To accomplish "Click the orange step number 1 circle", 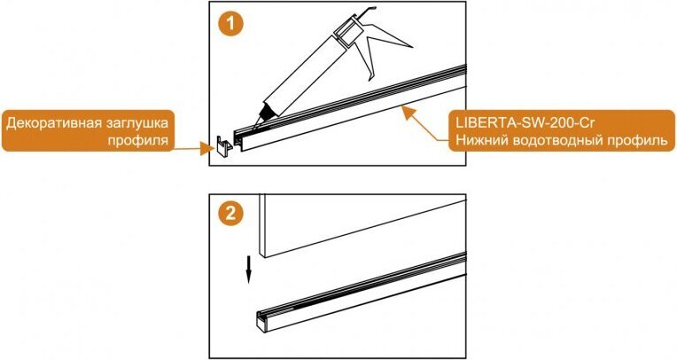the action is [x=230, y=23].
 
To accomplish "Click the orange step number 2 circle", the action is [x=230, y=213].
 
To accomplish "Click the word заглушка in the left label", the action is [x=136, y=124].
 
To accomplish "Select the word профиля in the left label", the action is [x=137, y=141].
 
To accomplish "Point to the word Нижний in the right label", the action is [x=479, y=140].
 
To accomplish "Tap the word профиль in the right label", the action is [x=634, y=141].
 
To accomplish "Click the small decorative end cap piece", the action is [x=223, y=147].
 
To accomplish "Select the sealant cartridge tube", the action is [x=302, y=74].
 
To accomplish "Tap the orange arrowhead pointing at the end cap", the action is [x=206, y=149].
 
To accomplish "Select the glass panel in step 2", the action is [x=362, y=224].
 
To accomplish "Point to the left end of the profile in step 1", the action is [x=237, y=139].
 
